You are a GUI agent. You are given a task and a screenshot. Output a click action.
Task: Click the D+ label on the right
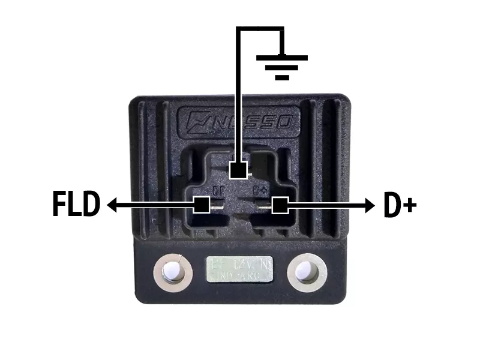pyautogui.click(x=399, y=206)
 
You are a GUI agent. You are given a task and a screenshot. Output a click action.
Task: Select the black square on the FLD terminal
pyautogui.click(x=202, y=205)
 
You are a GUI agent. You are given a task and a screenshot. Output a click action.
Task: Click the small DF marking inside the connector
pyautogui.click(x=218, y=191)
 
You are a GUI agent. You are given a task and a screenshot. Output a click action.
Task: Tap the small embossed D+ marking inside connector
pyautogui.click(x=260, y=191)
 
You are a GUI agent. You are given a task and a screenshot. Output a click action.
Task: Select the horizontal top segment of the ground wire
pyautogui.click(x=260, y=29)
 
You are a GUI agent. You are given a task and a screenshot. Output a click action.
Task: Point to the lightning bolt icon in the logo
pyautogui.click(x=196, y=119)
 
